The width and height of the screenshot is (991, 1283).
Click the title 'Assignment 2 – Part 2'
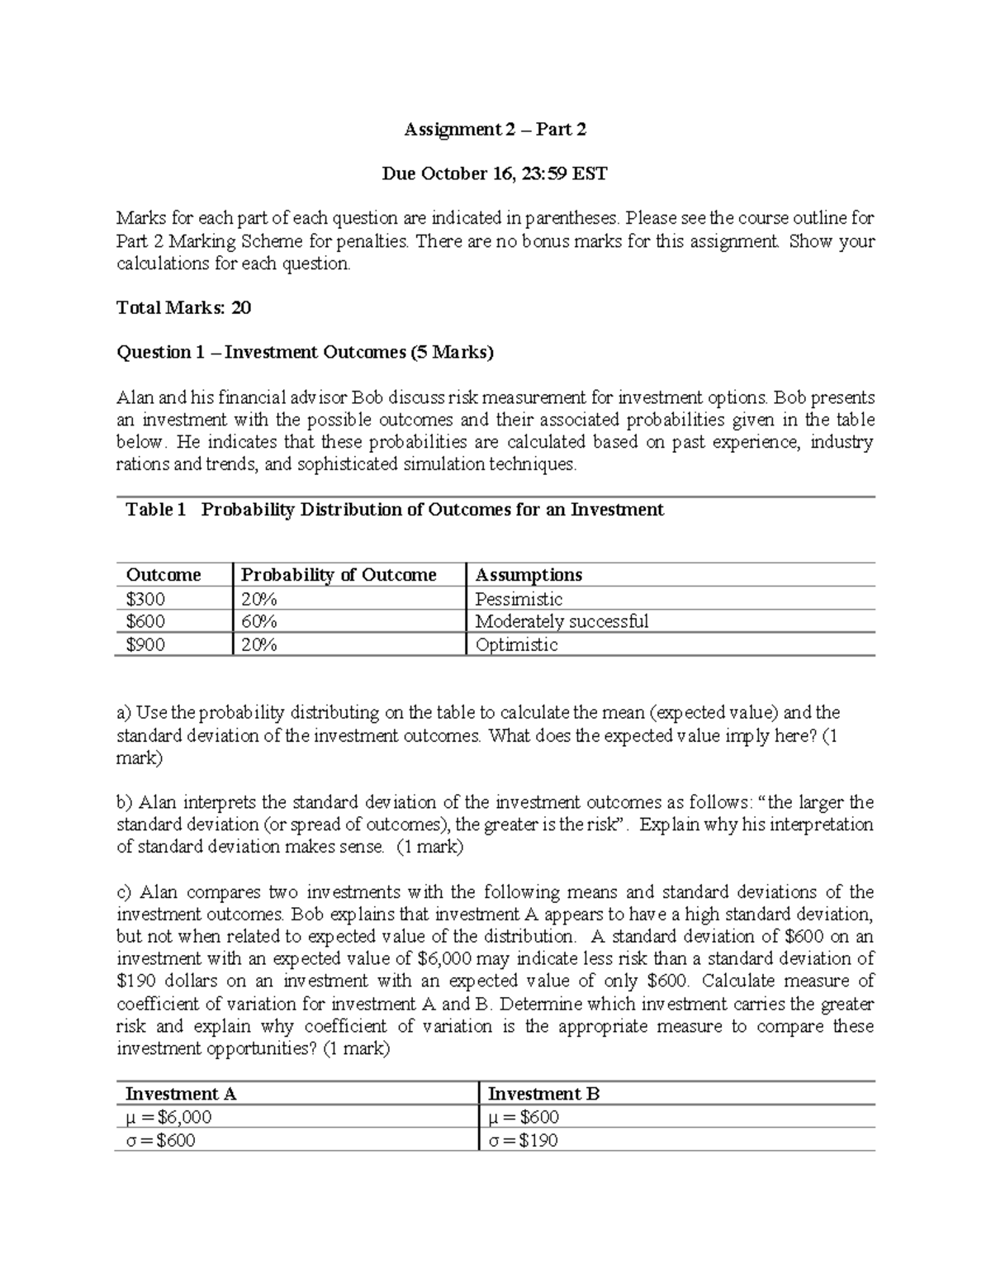(495, 130)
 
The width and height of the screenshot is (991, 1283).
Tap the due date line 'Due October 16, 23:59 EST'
(495, 174)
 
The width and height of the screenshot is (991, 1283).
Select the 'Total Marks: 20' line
(183, 308)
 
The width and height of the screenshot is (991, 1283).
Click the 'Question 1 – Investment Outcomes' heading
(305, 353)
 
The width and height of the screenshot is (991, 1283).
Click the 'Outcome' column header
(163, 575)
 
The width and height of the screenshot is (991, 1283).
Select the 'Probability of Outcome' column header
(338, 575)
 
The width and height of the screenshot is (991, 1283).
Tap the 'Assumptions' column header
(529, 575)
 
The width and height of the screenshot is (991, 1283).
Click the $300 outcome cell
(145, 599)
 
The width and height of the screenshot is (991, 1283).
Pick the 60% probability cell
(258, 621)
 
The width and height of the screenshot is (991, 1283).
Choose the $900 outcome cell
(145, 644)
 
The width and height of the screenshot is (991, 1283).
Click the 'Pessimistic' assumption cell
(519, 599)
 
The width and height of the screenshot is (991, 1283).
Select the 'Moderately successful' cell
(562, 621)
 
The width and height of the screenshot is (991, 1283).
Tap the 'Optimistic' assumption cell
(516, 644)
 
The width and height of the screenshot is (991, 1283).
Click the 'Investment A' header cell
(180, 1094)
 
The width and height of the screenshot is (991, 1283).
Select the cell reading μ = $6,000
(168, 1118)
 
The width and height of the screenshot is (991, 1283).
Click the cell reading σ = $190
(523, 1141)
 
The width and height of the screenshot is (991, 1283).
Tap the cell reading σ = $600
(160, 1141)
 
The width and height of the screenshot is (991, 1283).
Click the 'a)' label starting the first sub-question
(124, 713)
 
